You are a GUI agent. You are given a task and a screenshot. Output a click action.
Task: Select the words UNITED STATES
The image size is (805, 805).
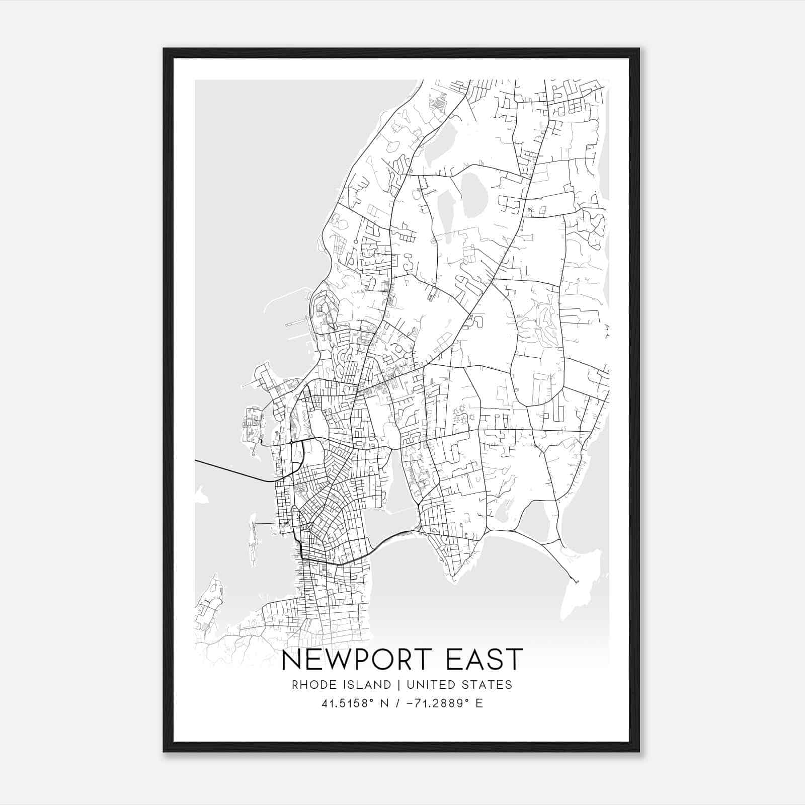click(x=459, y=685)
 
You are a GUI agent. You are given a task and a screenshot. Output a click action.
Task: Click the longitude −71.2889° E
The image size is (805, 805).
click(x=443, y=703)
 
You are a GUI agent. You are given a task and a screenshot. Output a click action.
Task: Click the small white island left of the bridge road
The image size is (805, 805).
click(x=201, y=496)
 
